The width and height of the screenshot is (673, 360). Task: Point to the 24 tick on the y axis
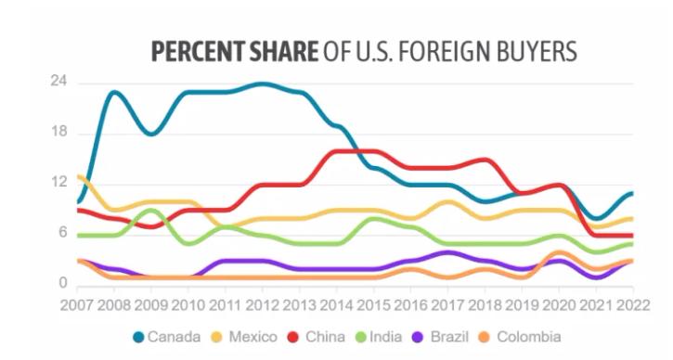tap(58, 82)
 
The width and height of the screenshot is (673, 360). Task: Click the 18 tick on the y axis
tap(58, 132)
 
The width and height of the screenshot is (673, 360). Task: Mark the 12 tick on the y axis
tap(58, 182)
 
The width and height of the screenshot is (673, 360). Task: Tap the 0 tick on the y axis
tap(62, 283)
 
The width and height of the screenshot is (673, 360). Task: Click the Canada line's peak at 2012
tap(264, 84)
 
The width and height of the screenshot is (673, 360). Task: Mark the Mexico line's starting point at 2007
tap(80, 175)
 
